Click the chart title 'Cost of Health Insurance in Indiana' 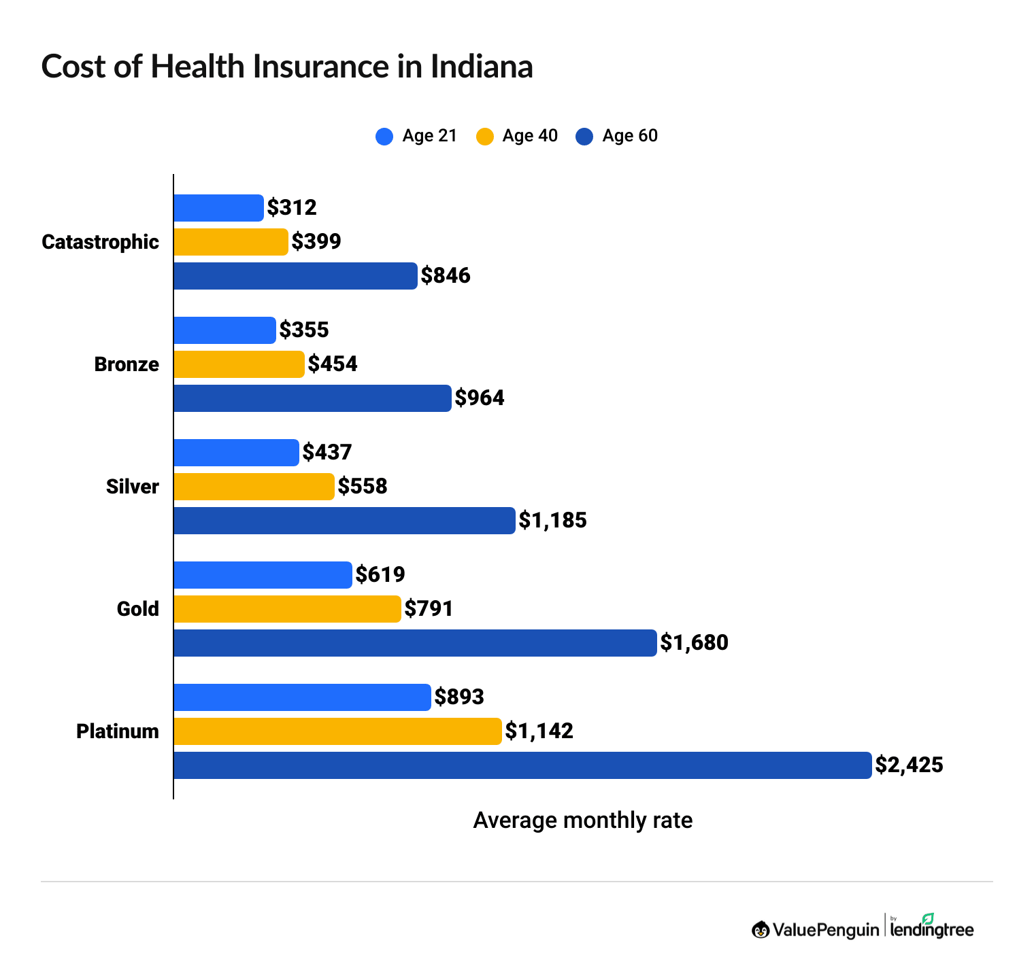[286, 67]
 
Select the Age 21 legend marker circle [384, 137]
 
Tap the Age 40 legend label [529, 136]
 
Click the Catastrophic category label [100, 242]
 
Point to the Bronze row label [127, 364]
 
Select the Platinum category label [118, 731]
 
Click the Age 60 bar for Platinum [522, 765]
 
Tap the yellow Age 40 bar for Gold [287, 609]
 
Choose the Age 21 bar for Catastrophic [218, 208]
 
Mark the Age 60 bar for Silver [344, 521]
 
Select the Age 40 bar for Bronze [239, 364]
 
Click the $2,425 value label [909, 765]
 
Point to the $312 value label [292, 208]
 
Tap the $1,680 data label [694, 643]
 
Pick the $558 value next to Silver [363, 487]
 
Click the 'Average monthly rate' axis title [582, 820]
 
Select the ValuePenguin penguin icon [761, 929]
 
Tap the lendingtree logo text [931, 928]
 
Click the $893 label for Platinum [459, 697]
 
